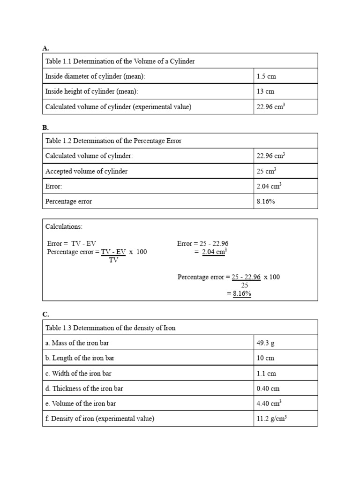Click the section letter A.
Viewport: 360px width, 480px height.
[46, 47]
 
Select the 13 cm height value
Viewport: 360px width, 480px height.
[265, 91]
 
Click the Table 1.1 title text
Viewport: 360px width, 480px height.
[120, 61]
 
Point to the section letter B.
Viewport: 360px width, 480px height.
[46, 127]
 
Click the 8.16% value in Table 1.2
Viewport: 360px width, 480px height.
[266, 202]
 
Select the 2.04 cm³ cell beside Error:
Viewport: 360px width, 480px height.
[269, 187]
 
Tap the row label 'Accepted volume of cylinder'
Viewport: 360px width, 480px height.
[86, 172]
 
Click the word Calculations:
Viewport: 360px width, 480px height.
[64, 227]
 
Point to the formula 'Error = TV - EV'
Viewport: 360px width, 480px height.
[71, 244]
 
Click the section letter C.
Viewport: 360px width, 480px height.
[46, 314]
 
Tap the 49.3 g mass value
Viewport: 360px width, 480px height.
[266, 343]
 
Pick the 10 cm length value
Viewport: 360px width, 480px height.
[265, 358]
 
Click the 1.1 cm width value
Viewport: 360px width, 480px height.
[266, 374]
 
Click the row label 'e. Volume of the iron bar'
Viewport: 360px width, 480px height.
[81, 404]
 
